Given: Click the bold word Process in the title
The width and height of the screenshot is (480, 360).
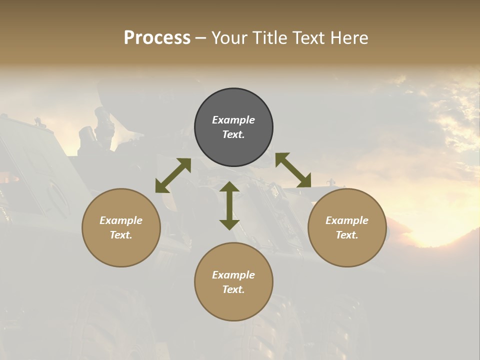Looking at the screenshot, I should (x=157, y=38).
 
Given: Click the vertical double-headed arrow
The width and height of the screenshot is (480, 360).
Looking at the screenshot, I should (x=229, y=205).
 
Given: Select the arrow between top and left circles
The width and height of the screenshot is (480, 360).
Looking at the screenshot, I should (x=173, y=175).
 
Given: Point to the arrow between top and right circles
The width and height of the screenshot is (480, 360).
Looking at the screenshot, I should (x=293, y=170).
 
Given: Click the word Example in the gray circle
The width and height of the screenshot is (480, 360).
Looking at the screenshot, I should (x=233, y=120).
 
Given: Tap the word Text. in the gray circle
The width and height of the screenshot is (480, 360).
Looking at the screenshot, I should (x=233, y=134).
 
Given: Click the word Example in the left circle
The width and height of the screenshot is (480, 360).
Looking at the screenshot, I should (x=121, y=220).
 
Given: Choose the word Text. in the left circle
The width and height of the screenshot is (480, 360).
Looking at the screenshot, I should (x=121, y=235).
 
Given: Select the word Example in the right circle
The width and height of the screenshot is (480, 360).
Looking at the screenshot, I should (x=347, y=220).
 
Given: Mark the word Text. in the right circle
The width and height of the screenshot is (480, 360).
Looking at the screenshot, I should (x=347, y=235).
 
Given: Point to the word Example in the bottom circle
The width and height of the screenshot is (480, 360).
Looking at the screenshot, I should (x=233, y=275).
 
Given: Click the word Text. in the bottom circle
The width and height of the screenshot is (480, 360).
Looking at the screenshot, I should (x=233, y=289).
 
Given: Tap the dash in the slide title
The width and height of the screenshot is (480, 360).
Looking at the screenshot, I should (x=201, y=38).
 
